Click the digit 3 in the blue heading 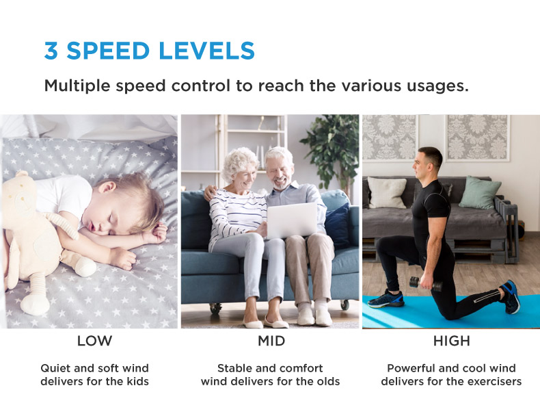51,51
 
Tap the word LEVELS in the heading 206,51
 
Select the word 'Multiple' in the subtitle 77,86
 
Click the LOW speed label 95,341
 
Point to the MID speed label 271,341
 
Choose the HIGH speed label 452,341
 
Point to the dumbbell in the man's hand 426,284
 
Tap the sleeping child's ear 107,187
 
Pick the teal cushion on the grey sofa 480,193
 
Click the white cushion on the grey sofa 387,193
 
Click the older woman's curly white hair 239,163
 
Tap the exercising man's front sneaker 386,299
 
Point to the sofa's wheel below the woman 215,307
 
